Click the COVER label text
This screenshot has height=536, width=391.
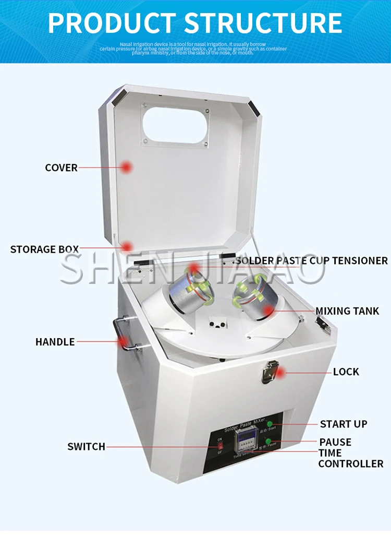[x=61, y=168]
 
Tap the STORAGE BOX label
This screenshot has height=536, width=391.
[x=44, y=249]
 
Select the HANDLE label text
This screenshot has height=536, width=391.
[x=55, y=342]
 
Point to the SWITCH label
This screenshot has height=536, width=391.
[x=86, y=446]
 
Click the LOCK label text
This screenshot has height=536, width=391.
[x=346, y=372]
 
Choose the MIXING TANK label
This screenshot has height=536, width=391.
[x=347, y=311]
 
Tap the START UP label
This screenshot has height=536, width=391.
[x=344, y=424]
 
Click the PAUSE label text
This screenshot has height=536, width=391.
[x=335, y=442]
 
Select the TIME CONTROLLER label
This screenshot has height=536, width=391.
[x=350, y=458]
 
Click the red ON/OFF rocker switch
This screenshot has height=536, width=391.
[x=220, y=446]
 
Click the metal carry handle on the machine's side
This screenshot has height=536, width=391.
[x=124, y=336]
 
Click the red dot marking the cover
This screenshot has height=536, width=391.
[x=126, y=167]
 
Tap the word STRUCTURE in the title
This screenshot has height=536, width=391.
[x=264, y=23]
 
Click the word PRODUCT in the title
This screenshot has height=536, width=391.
[x=112, y=23]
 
